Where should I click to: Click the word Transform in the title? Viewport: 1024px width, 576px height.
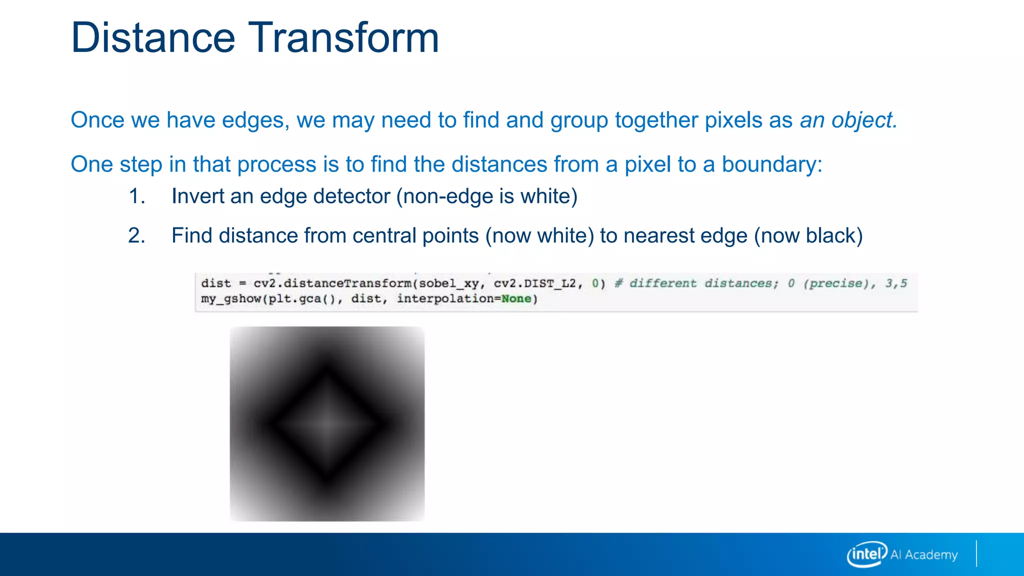coord(343,37)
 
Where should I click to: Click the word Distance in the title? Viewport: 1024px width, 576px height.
coord(153,37)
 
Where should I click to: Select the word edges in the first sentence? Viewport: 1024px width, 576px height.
coord(255,120)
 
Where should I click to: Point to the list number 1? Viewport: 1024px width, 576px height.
coord(136,196)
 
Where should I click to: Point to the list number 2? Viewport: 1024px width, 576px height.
coord(136,235)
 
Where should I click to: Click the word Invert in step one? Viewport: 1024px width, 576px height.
coord(197,196)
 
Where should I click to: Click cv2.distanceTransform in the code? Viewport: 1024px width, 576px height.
coord(332,283)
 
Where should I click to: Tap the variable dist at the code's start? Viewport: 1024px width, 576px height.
coord(216,283)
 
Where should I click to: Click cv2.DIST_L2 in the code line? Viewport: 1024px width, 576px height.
coord(534,283)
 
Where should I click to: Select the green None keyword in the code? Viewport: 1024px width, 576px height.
coord(516,299)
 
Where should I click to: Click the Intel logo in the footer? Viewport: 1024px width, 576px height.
coord(866,554)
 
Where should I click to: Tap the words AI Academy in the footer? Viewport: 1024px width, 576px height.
coord(924,554)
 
